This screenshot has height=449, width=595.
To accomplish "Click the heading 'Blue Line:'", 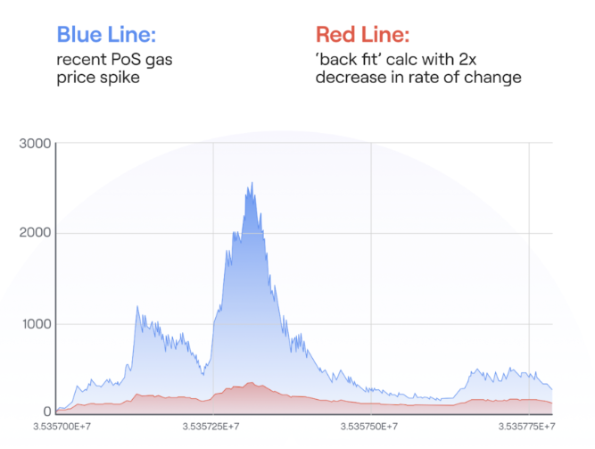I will point(106,35).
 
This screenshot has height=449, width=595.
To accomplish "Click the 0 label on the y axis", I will point(45,412).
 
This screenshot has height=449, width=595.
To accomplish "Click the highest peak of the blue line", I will point(252,183).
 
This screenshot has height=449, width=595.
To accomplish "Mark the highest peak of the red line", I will point(251,383).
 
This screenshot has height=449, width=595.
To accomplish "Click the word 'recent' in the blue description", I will point(78,60).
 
